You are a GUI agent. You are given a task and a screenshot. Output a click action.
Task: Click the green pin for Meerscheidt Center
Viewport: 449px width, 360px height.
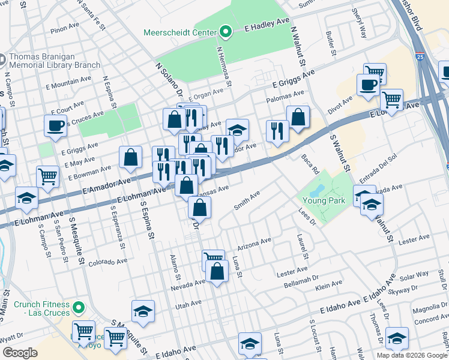click(x=226, y=31)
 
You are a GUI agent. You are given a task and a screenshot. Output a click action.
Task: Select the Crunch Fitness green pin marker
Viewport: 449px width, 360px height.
click(x=78, y=309)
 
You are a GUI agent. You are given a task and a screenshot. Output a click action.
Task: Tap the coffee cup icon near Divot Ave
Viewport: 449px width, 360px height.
click(x=367, y=85)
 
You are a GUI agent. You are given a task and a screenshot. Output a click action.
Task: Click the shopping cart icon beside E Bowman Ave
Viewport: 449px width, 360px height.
click(x=47, y=176)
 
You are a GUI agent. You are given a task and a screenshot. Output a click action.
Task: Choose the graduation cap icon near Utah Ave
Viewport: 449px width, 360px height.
click(x=143, y=311)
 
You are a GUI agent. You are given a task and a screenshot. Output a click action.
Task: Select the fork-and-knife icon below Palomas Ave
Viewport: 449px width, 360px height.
click(x=277, y=131)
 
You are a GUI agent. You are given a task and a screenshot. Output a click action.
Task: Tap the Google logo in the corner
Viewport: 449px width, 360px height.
click(x=20, y=353)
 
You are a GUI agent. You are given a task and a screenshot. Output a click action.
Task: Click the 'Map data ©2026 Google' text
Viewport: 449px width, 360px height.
click(x=412, y=355)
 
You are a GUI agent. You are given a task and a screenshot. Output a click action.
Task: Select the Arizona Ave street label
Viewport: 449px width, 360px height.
click(x=254, y=244)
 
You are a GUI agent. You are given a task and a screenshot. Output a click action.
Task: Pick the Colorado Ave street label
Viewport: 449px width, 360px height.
click(x=107, y=262)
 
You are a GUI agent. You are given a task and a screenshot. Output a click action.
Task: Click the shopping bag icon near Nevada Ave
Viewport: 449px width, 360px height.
click(x=217, y=271)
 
